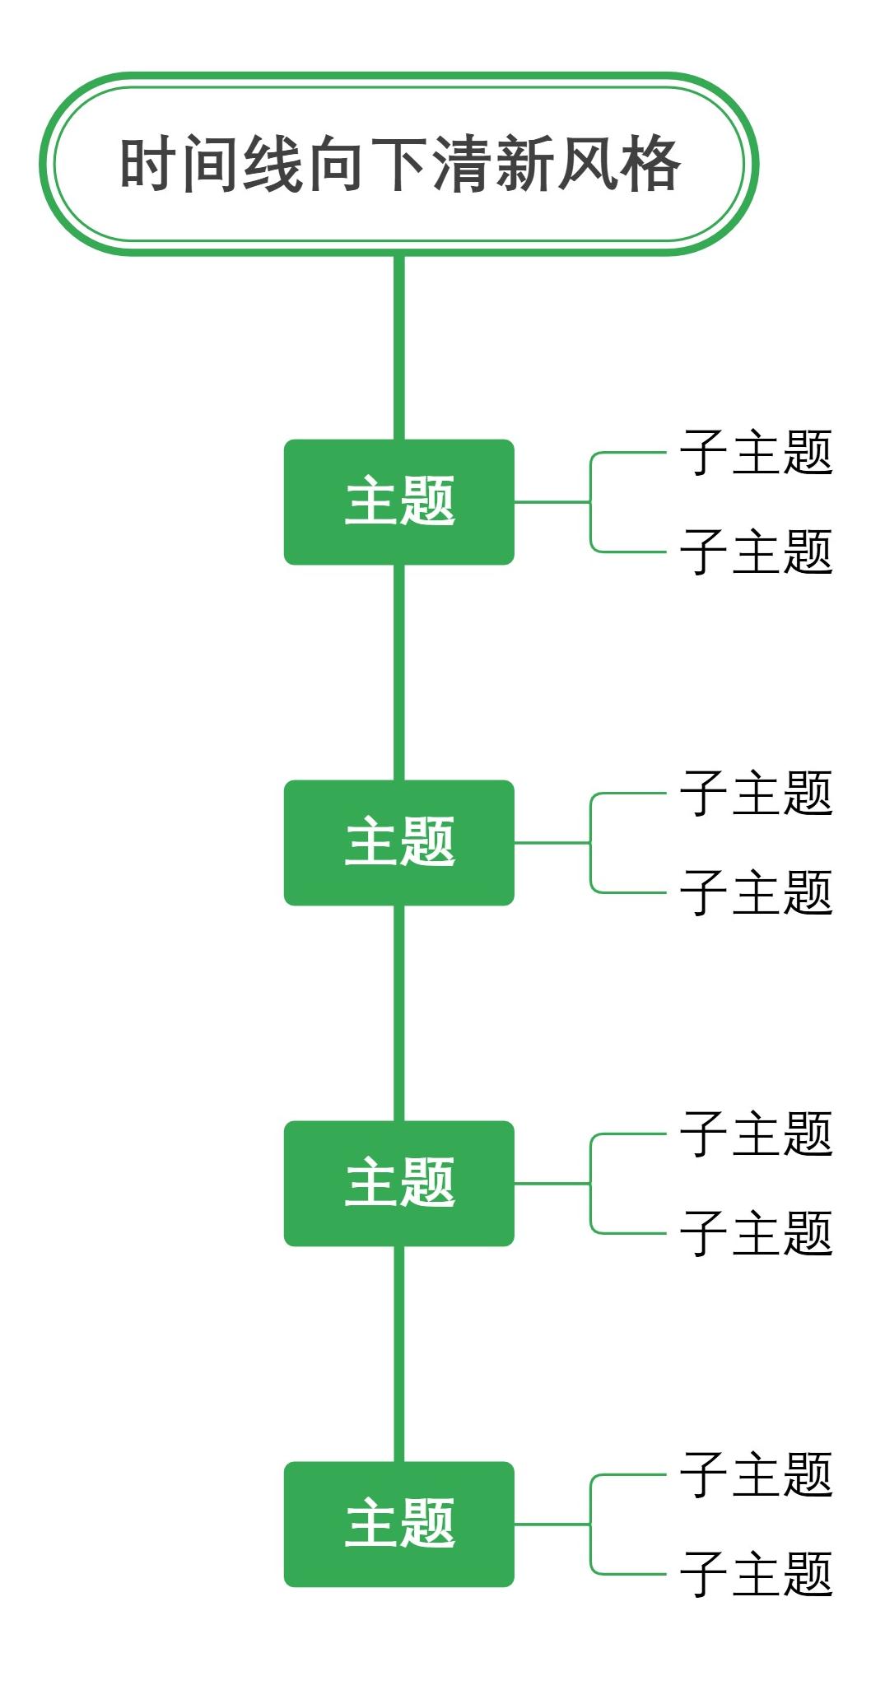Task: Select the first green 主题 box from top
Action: click(x=398, y=501)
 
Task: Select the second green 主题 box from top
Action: click(x=398, y=842)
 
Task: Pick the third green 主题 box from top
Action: click(x=398, y=1183)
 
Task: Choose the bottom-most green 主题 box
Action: click(x=398, y=1524)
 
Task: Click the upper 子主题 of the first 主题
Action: click(x=756, y=452)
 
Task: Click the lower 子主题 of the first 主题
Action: click(x=756, y=552)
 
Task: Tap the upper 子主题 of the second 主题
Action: click(x=756, y=793)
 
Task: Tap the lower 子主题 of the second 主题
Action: click(x=756, y=892)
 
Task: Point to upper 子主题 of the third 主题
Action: click(x=756, y=1134)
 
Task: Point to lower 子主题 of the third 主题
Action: click(x=756, y=1233)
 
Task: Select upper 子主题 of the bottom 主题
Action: click(x=756, y=1474)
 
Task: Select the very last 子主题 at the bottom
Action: click(x=756, y=1574)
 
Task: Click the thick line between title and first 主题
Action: click(x=398, y=346)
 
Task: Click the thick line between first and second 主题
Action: click(x=398, y=671)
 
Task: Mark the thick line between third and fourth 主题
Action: click(x=398, y=1354)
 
